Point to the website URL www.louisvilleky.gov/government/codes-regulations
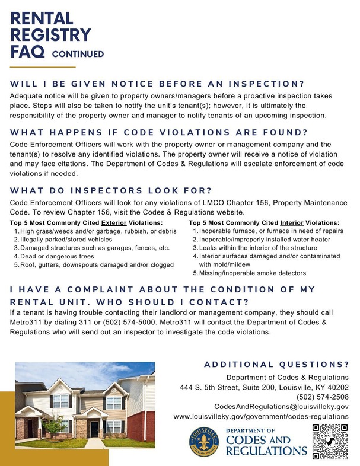tap(261, 417)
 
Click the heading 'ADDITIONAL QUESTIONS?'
tap(276, 363)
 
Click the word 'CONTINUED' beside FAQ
tap(78, 54)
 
